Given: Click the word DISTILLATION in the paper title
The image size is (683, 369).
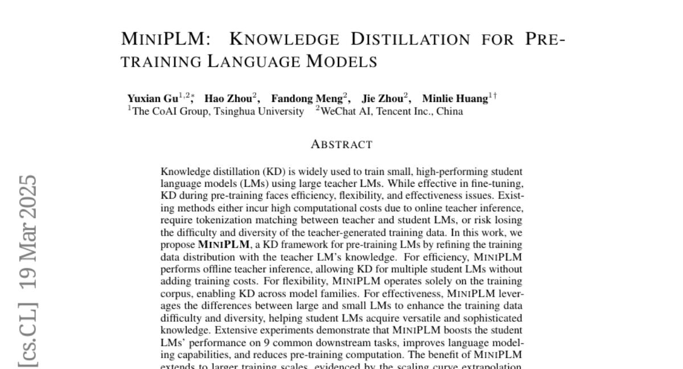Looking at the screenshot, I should (x=410, y=39).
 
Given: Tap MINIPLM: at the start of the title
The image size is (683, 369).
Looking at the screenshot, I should (x=166, y=39).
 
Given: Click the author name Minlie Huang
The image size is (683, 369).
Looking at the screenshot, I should (x=455, y=99).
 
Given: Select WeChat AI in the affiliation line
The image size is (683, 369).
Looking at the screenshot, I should (x=345, y=111).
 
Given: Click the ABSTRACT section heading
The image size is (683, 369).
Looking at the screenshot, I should (x=341, y=145).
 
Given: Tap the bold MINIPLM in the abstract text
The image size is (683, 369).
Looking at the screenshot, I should (x=224, y=245).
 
